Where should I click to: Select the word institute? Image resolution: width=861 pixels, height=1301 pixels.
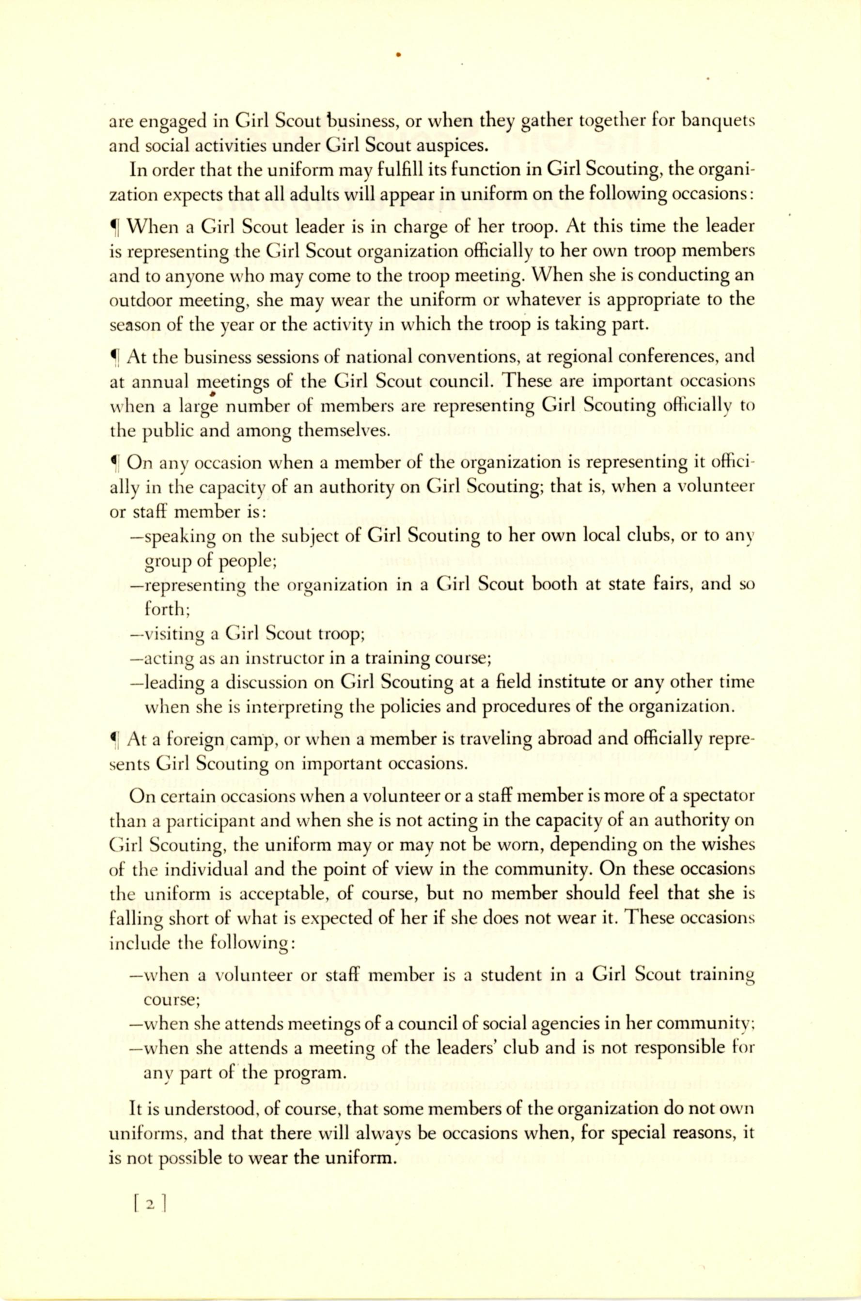tap(565, 682)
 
